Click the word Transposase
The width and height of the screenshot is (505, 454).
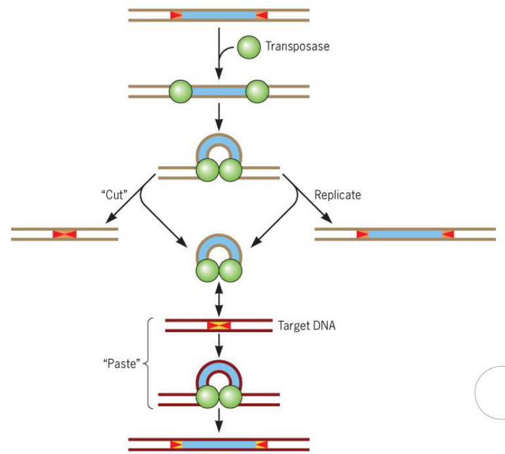pos(296,47)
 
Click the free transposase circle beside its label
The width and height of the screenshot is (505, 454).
pos(249,47)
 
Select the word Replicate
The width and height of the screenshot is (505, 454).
pos(337,195)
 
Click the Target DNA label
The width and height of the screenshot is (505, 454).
pos(306,326)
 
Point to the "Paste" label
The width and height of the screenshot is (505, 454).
pos(123,364)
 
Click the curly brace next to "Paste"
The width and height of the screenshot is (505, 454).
pos(148,364)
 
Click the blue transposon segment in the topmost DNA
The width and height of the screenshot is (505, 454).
pos(219,15)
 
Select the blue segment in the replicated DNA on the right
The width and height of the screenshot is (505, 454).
pos(405,234)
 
